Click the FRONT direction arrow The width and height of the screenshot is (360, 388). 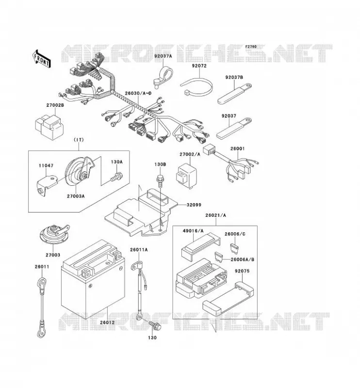coord(41,58)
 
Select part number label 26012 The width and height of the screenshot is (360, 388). coord(107,323)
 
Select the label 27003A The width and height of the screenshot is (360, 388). coord(76,196)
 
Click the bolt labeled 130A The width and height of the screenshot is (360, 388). coord(116,177)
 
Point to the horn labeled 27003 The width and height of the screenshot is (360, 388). coord(54,234)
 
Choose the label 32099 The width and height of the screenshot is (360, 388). coord(194,205)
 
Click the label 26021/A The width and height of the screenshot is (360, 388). coord(215,215)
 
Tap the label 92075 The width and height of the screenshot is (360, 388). coord(242,271)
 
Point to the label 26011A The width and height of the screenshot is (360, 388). coord(139,250)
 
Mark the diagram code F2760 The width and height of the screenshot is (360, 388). coord(251,47)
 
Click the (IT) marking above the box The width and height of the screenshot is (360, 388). coord(79,140)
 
